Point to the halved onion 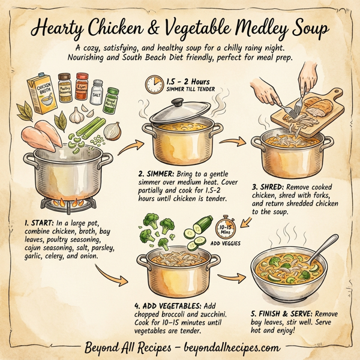click(113, 130)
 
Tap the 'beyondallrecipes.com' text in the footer click(230, 347)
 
